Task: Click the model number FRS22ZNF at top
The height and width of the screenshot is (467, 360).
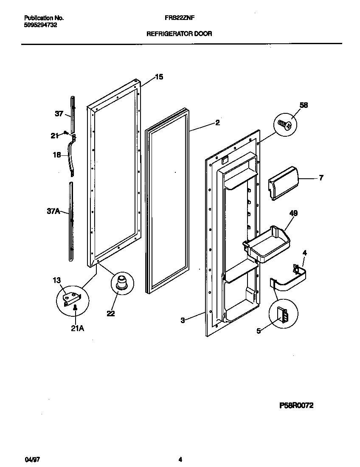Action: click(x=179, y=18)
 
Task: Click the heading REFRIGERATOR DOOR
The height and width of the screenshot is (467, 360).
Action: click(x=179, y=33)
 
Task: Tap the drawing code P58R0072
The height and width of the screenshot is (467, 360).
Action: click(x=296, y=405)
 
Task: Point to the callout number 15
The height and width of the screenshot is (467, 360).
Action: click(x=159, y=77)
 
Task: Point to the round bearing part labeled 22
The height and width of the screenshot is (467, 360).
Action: click(x=122, y=282)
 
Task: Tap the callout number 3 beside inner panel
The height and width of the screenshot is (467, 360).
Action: click(x=183, y=321)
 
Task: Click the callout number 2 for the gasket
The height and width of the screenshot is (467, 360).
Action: click(x=217, y=123)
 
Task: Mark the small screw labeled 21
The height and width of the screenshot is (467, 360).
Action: click(x=66, y=133)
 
